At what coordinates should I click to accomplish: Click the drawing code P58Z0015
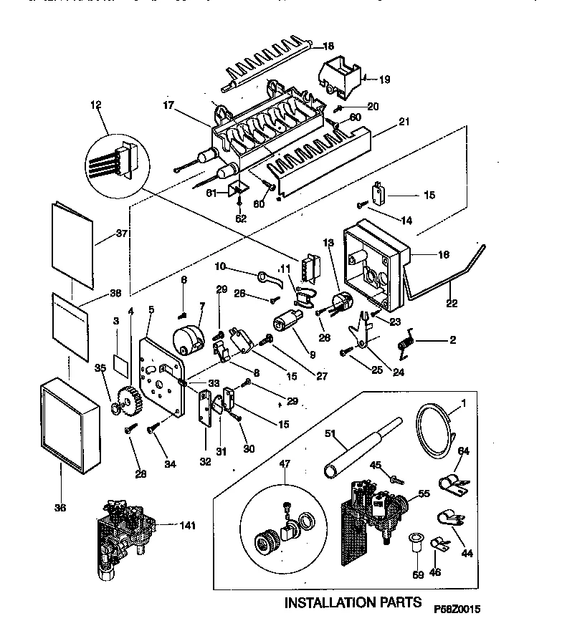456,608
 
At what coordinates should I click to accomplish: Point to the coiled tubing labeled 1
434,433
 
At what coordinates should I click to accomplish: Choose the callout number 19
384,79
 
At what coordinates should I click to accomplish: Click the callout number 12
95,105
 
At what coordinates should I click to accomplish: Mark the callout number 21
404,122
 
